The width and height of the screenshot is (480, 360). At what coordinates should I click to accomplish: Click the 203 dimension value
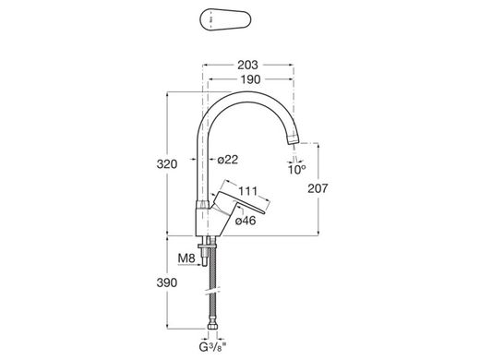pos(247,65)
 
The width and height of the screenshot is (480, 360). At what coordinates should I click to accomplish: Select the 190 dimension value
pos(250,79)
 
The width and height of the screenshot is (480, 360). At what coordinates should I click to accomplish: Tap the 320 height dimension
pos(167,164)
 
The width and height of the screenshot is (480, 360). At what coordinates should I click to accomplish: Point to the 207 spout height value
pos(318,188)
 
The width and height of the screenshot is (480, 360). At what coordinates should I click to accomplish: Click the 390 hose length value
pos(167,282)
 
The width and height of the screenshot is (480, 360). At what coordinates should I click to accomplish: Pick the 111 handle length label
pos(248,191)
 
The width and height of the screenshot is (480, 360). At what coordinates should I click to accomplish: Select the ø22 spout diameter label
pos(228,160)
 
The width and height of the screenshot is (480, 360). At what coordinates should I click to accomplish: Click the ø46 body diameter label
pos(246,221)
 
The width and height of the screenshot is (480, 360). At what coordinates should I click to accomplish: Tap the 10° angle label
pos(296,170)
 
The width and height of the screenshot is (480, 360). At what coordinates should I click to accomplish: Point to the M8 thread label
pos(186,258)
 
